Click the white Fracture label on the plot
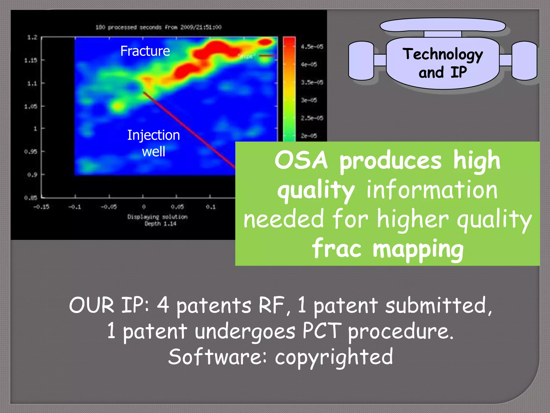(145, 51)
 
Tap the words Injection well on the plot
(153, 143)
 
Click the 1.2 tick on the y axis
(32, 37)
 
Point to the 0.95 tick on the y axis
(31, 152)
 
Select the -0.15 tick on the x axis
(41, 207)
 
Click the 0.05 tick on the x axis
(177, 207)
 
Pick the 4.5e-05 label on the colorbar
(312, 47)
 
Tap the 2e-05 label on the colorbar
(309, 136)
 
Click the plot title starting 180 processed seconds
(158, 27)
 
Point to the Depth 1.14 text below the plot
(160, 224)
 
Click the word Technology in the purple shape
(443, 55)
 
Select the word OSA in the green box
(301, 161)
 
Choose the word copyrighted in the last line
(334, 357)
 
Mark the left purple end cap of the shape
(361, 61)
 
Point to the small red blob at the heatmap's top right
(265, 42)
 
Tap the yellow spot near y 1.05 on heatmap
(118, 106)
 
